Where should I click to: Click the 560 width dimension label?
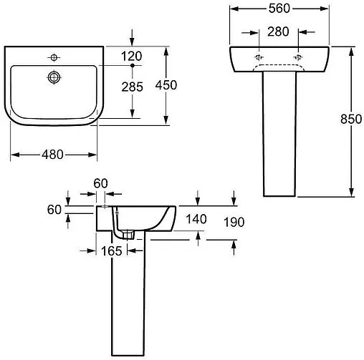tap(279, 9)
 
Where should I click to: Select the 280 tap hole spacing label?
tap(278, 31)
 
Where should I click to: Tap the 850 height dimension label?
tap(351, 120)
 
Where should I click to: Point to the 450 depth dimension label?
tap(166, 85)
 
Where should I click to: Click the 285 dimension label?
tap(132, 87)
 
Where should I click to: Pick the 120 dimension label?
tap(131, 57)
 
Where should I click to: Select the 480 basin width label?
tap(52, 155)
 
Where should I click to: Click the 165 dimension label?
tap(112, 251)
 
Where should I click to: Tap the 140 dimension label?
tap(196, 219)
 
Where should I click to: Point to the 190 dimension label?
tap(234, 223)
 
